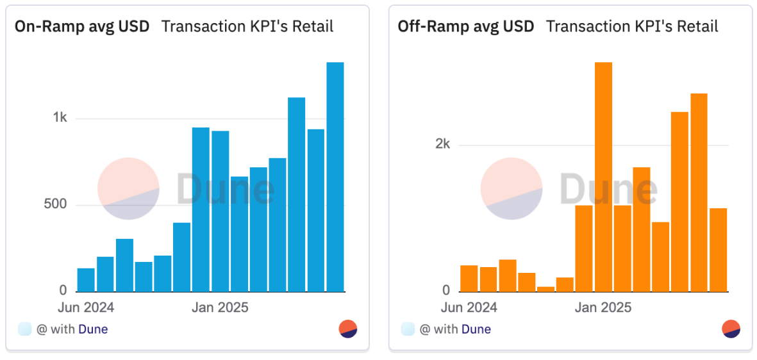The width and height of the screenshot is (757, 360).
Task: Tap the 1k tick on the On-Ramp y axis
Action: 60,119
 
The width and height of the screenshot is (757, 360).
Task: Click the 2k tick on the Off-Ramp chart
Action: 442,144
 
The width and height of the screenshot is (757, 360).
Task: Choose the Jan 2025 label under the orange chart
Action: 603,307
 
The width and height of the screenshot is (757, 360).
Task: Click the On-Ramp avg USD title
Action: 82,26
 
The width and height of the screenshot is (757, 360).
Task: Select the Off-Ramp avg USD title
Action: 466,26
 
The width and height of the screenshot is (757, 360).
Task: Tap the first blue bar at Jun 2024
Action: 86,280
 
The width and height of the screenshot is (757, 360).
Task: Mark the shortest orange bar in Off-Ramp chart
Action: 545,289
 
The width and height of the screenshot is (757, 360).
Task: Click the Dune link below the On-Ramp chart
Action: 93,329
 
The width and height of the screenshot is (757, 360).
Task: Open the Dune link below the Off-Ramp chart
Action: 476,329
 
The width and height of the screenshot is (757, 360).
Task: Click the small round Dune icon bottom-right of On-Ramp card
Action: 348,329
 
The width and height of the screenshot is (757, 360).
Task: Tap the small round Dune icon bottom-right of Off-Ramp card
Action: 731,329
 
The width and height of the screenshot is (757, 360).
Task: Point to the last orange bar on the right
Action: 718,250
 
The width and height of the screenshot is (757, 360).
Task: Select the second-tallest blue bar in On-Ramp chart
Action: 296,195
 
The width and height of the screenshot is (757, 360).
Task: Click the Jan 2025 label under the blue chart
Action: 220,307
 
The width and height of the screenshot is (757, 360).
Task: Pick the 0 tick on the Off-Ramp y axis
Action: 446,291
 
